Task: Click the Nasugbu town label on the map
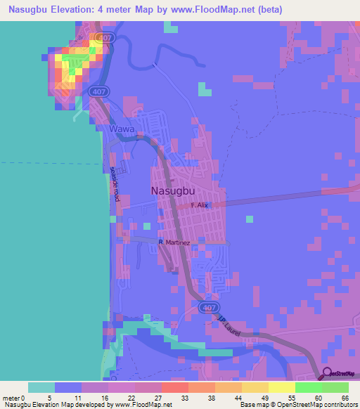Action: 172,190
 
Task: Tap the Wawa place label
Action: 120,130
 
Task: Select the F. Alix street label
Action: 200,205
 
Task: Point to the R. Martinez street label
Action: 174,242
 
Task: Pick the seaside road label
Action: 115,184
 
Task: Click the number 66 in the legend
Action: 344,397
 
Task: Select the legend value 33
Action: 184,397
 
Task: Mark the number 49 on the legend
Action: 264,397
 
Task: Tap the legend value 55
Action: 290,397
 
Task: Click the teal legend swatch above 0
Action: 41,387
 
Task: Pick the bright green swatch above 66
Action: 335,387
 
